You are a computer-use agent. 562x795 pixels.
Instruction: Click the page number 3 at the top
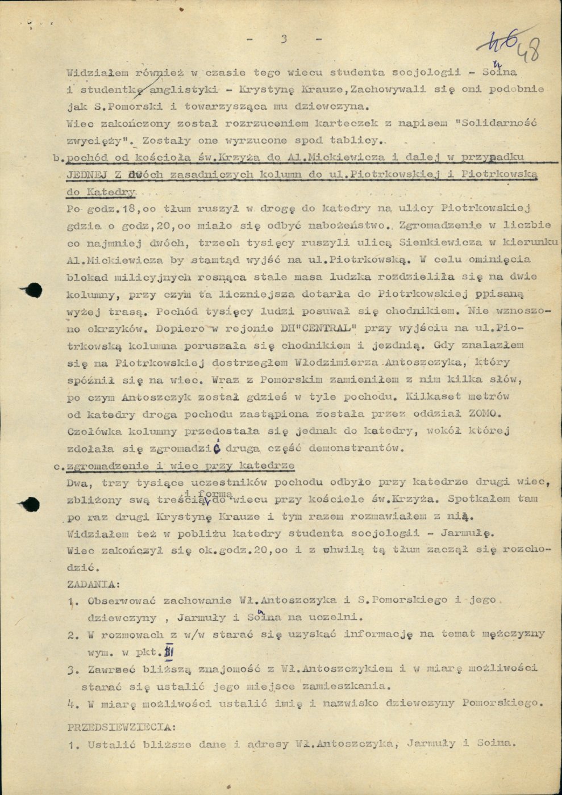284,39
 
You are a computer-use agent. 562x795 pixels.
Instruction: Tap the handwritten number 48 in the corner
528,51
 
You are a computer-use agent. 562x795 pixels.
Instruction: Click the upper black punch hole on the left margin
34,290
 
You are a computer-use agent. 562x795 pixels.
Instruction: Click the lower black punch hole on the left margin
31,503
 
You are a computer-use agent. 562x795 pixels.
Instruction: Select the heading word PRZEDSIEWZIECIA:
122,726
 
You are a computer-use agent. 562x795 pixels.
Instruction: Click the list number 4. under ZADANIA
72,704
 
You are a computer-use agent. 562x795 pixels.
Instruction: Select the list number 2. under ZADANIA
72,634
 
